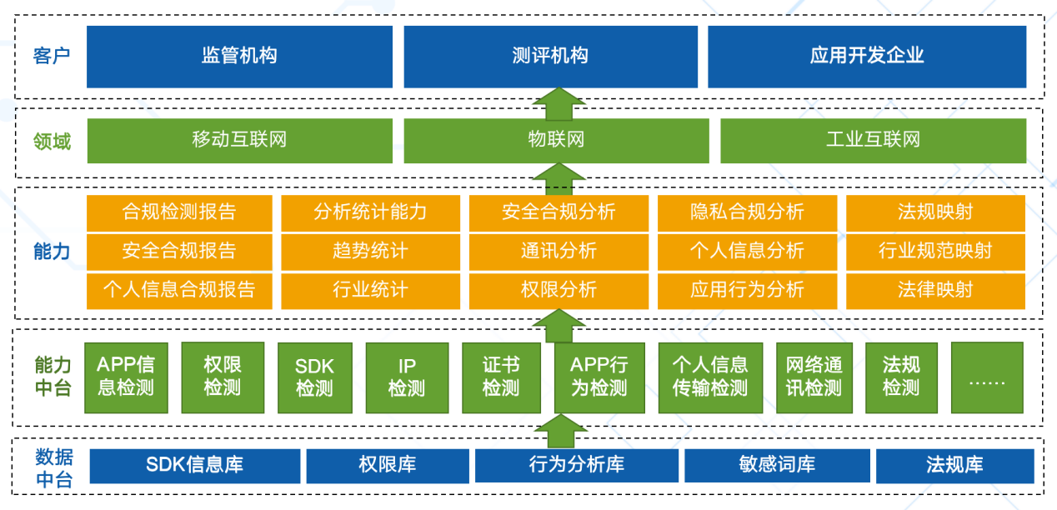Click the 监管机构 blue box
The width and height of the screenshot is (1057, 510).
pos(239,57)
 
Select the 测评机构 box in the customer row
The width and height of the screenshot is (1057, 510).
pos(550,57)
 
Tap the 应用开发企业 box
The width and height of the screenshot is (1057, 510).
pos(867,57)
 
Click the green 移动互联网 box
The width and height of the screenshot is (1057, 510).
pos(239,140)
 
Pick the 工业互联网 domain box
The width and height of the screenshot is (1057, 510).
pos(873,140)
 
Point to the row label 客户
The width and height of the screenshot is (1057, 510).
pos(52,56)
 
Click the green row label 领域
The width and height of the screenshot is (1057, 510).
pos(52,141)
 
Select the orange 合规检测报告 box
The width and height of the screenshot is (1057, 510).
pos(179,212)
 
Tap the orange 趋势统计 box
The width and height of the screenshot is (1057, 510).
pos(370,251)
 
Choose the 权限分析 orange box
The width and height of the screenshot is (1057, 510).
pos(559,290)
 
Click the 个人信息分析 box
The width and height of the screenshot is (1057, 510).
pos(747,251)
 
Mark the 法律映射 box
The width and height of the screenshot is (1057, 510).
pos(935,290)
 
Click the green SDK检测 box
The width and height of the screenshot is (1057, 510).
pos(314,377)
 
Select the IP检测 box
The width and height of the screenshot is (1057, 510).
pos(406,377)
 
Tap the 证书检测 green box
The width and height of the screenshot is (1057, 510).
pos(501,377)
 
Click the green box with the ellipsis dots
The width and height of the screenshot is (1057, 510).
pos(987,377)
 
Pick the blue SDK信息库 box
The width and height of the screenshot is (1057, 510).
pos(194,465)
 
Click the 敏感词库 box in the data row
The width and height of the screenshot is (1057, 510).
pos(777,465)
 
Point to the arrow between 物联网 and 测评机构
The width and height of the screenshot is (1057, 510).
pos(559,103)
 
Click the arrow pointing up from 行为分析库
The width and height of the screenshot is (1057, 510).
pos(559,432)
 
